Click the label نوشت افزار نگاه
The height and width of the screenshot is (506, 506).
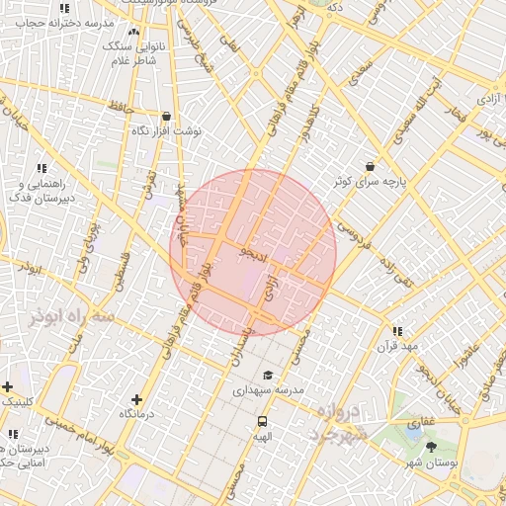point(166,130)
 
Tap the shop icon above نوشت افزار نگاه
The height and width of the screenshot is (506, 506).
point(166,116)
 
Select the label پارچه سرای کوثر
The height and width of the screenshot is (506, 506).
point(371,182)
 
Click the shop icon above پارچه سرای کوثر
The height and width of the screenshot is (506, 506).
point(370,167)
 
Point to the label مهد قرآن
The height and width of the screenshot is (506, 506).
point(396,347)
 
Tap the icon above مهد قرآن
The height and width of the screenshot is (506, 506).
point(396,332)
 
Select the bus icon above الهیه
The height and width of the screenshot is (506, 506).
point(262,420)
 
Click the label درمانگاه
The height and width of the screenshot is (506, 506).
point(136,415)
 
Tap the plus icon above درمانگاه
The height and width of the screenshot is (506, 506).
point(136,400)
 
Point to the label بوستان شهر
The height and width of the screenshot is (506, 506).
point(431,462)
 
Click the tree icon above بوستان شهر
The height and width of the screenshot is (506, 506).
point(431,447)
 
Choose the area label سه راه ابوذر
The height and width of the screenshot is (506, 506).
point(74,315)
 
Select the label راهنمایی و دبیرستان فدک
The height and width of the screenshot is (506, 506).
point(41,190)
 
